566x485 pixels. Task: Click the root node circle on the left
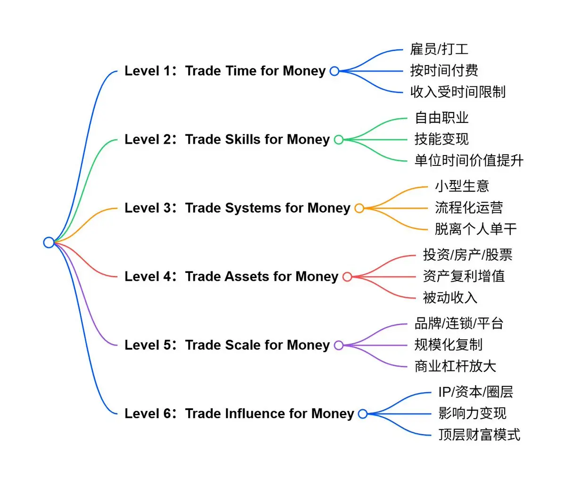point(49,242)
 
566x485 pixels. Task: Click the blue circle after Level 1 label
point(334,71)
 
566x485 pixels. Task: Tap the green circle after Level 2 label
point(339,140)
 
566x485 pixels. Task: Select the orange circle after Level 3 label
point(359,208)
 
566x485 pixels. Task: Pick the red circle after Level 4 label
point(347,277)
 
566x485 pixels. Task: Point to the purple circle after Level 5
point(339,345)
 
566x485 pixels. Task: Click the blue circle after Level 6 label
point(362,414)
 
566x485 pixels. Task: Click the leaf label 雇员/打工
point(439,49)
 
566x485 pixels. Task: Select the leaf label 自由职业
point(441,117)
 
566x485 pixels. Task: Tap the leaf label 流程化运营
point(469,207)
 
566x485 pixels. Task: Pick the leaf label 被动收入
point(450,297)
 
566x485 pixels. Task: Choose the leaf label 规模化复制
point(448,345)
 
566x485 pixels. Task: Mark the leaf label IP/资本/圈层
point(475,392)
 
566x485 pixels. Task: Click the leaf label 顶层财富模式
point(479,434)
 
